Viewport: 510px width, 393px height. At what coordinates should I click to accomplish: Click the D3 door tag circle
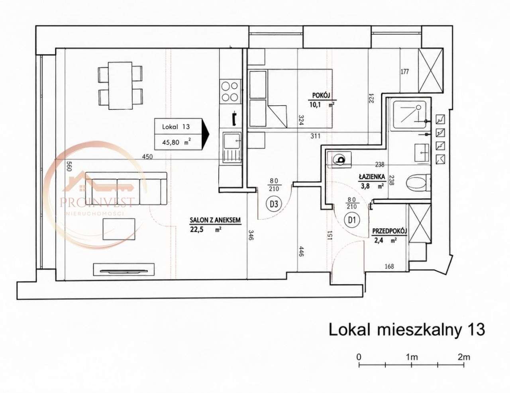tap(274, 204)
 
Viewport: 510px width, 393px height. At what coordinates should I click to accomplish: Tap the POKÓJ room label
tap(321, 95)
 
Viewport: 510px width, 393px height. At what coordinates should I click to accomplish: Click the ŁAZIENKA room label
tap(372, 176)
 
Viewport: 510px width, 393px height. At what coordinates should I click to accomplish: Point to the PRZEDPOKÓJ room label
tap(390, 231)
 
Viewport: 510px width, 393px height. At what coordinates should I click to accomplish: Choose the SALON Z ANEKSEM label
tap(215, 220)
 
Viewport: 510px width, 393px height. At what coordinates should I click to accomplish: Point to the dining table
tap(120, 86)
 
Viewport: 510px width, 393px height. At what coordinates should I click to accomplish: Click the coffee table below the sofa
tap(119, 229)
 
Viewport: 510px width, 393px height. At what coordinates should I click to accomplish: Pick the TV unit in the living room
tap(124, 269)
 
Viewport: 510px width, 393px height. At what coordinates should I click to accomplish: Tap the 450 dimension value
tap(147, 156)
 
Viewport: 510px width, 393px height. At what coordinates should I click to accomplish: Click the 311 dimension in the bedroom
tap(315, 136)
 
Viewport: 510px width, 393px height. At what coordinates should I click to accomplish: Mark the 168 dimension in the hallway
tap(389, 266)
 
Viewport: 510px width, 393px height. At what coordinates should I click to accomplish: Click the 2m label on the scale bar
tap(464, 357)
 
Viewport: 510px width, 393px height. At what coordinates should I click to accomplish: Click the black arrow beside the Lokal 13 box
tap(205, 134)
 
